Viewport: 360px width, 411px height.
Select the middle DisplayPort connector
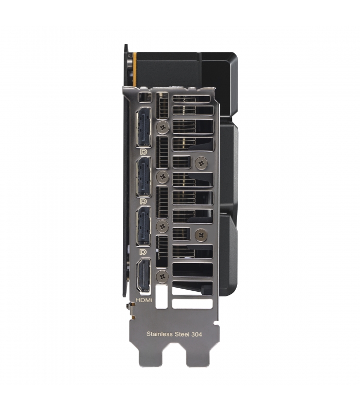[x=143, y=177]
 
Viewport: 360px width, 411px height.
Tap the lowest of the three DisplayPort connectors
[x=143, y=226]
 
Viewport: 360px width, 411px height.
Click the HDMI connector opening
[x=143, y=275]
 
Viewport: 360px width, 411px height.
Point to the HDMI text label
[x=144, y=300]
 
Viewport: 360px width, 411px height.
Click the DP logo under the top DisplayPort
[x=143, y=152]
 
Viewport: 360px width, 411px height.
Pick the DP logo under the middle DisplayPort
[x=143, y=201]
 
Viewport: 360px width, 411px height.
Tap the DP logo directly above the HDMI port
[x=143, y=252]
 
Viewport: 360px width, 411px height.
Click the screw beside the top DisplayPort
[x=163, y=127]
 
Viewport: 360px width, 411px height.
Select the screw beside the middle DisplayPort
[x=163, y=176]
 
